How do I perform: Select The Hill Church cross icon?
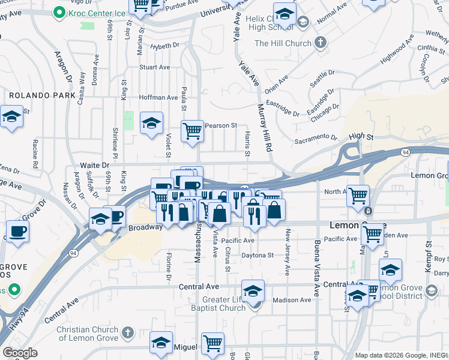[321, 43]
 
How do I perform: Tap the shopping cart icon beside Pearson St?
[192, 131]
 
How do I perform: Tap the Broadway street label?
[145, 227]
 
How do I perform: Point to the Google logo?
[20, 352]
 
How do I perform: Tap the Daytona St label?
[257, 255]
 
